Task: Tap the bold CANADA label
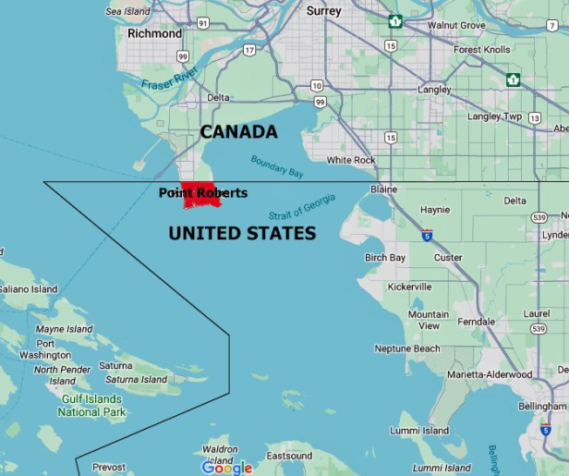tap(239, 132)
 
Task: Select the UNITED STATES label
tap(242, 234)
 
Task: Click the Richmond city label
tap(154, 33)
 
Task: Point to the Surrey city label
tap(323, 11)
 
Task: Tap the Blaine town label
tap(383, 189)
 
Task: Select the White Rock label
tap(351, 160)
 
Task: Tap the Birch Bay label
tap(385, 257)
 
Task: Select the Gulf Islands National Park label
tap(92, 406)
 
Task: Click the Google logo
tap(227, 468)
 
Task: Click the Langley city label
tap(434, 90)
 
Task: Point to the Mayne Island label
tap(64, 329)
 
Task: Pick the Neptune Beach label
tap(407, 348)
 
